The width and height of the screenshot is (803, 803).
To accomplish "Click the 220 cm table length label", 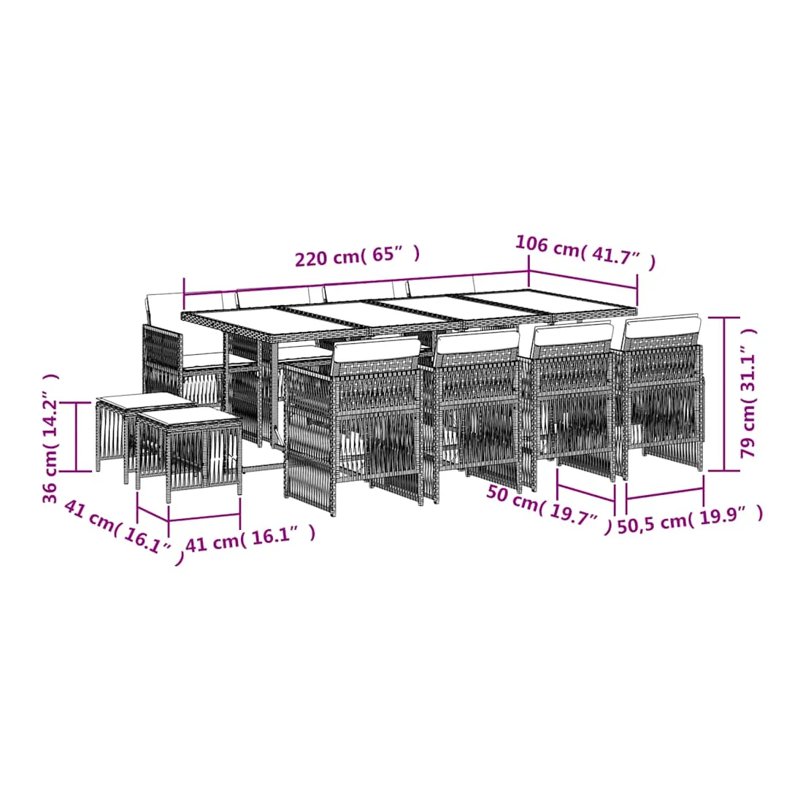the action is point(357,255).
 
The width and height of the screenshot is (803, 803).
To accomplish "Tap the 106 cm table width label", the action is point(585,251).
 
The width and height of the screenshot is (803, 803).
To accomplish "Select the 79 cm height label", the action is point(748,392).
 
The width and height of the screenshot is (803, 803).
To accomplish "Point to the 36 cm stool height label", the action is point(50,439).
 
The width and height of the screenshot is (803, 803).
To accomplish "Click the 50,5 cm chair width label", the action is point(691,520).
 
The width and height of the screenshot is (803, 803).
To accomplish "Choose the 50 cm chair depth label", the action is point(548,509).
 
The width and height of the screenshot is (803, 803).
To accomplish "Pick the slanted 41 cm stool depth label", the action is point(123,532).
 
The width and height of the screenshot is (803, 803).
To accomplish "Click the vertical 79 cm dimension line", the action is point(723,393).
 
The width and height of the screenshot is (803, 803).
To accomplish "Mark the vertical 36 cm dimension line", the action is point(76,437).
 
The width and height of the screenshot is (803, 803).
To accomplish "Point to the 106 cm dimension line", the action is point(583,280).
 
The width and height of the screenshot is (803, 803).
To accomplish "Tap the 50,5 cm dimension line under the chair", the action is point(664,493).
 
